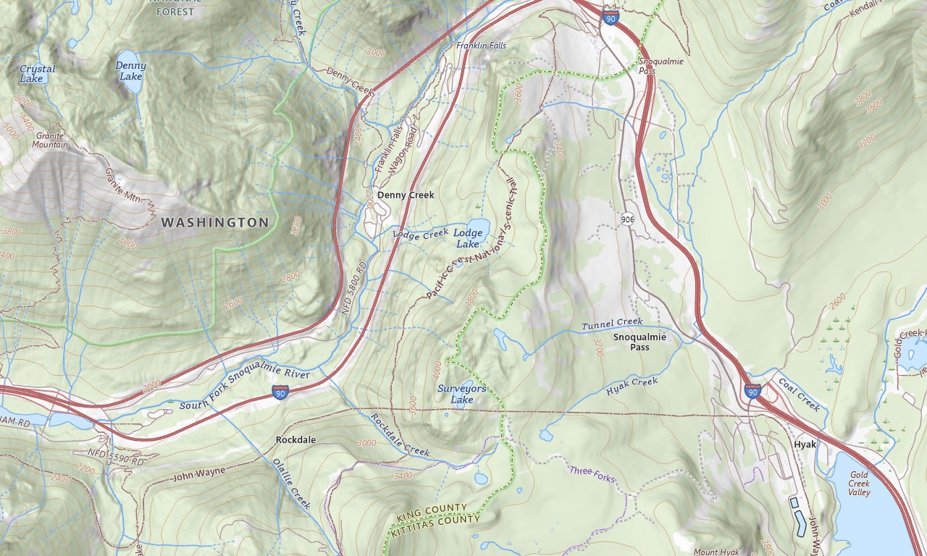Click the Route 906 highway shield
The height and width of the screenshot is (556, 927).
628,219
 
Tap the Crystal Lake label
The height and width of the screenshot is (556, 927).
37,74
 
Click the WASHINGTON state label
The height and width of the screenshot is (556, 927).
214,222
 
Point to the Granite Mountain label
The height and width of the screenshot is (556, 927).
50,140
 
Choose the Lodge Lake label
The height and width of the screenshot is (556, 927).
468,238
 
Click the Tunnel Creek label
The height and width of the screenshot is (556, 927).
612,323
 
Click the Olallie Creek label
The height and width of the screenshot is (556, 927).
291,484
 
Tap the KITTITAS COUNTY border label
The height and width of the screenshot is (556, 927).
434,526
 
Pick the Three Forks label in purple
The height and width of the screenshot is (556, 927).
591,471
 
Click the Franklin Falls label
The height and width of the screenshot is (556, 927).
481,46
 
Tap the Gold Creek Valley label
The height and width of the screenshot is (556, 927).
870,484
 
